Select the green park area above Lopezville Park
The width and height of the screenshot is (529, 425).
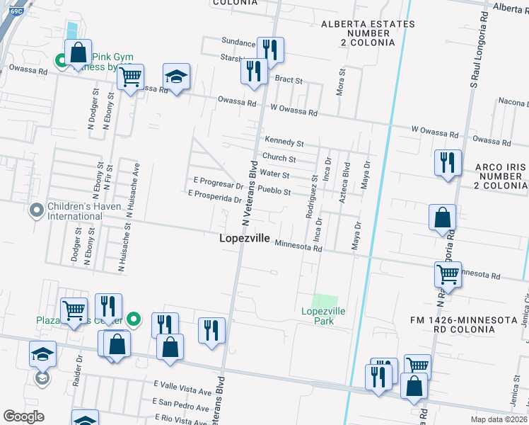tap(325, 300)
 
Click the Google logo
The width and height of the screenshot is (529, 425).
tap(23, 416)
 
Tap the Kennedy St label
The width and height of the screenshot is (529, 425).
tap(284, 143)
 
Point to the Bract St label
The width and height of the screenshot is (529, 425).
tap(289, 80)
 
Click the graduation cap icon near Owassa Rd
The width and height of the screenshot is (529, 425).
tap(176, 76)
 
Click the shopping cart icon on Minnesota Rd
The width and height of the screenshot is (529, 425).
tap(447, 273)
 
